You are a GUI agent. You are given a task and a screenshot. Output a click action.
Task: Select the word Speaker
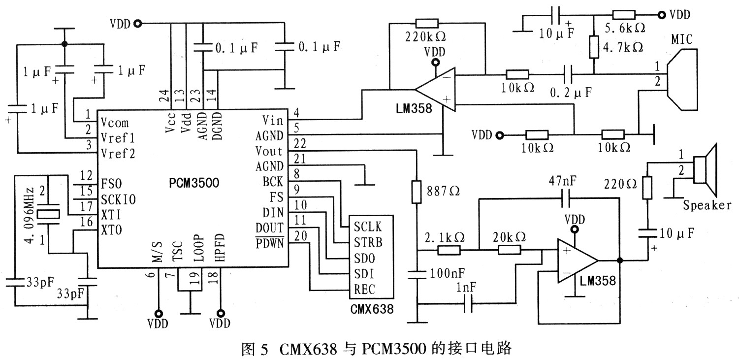pyautogui.click(x=707, y=205)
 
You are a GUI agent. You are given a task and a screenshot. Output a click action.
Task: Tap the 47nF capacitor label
pyautogui.click(x=562, y=181)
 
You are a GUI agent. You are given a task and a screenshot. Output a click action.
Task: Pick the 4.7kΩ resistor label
pyautogui.click(x=624, y=47)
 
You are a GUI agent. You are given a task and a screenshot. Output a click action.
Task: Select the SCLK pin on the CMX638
pyautogui.click(x=367, y=228)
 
